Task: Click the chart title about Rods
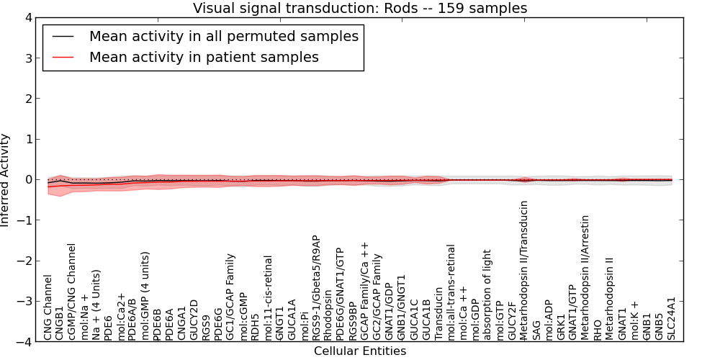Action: [360, 8]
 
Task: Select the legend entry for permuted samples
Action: [223, 35]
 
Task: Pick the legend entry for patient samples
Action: [204, 57]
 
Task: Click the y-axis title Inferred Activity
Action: [6, 180]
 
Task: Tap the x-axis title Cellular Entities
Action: [360, 351]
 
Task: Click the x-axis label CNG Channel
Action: [48, 307]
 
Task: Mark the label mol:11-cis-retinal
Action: [268, 298]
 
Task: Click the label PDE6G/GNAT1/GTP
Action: [341, 293]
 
